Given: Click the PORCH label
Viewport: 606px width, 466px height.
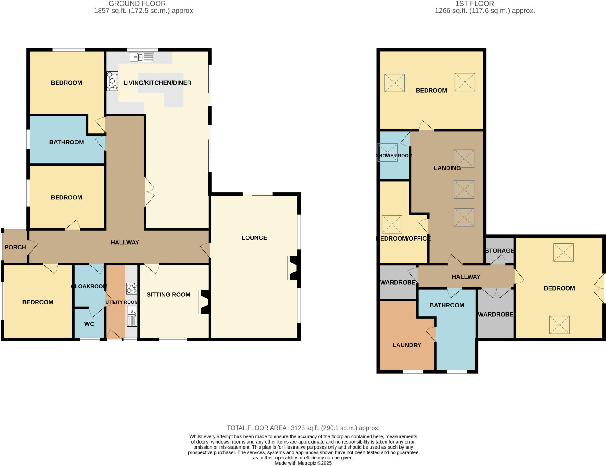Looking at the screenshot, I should click(x=15, y=247).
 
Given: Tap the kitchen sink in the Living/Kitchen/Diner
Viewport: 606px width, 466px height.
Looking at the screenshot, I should click(x=141, y=57).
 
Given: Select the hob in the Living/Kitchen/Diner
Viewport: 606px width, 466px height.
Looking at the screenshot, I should click(x=112, y=81).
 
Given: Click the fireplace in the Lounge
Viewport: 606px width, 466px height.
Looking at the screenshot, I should click(x=293, y=268).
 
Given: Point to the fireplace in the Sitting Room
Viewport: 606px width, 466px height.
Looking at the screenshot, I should click(x=204, y=302).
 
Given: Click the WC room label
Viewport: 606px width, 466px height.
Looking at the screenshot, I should click(x=89, y=324).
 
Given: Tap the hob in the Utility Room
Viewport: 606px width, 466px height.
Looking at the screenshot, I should click(x=132, y=288).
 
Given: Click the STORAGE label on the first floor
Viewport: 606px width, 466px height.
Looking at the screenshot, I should click(x=499, y=251).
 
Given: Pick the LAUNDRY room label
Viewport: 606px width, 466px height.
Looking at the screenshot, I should click(x=407, y=345).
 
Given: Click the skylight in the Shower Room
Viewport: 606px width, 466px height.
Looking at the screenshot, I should click(x=388, y=152).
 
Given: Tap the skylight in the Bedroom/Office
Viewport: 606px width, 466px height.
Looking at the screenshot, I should click(x=392, y=224).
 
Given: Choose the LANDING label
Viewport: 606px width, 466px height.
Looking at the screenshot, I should click(x=447, y=168).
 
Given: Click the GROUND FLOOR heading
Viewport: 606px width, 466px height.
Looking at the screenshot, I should click(x=137, y=4).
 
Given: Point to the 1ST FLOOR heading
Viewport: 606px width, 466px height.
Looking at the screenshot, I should click(x=474, y=4).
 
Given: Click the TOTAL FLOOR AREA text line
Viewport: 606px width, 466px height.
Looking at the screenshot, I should click(x=303, y=428).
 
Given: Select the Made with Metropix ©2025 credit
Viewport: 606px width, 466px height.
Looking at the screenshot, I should click(x=303, y=463).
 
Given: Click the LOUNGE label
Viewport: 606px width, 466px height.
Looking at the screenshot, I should click(x=254, y=238).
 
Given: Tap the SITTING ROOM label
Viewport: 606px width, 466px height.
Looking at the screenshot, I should click(x=168, y=294).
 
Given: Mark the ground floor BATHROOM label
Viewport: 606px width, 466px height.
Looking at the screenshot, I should click(x=67, y=142).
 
